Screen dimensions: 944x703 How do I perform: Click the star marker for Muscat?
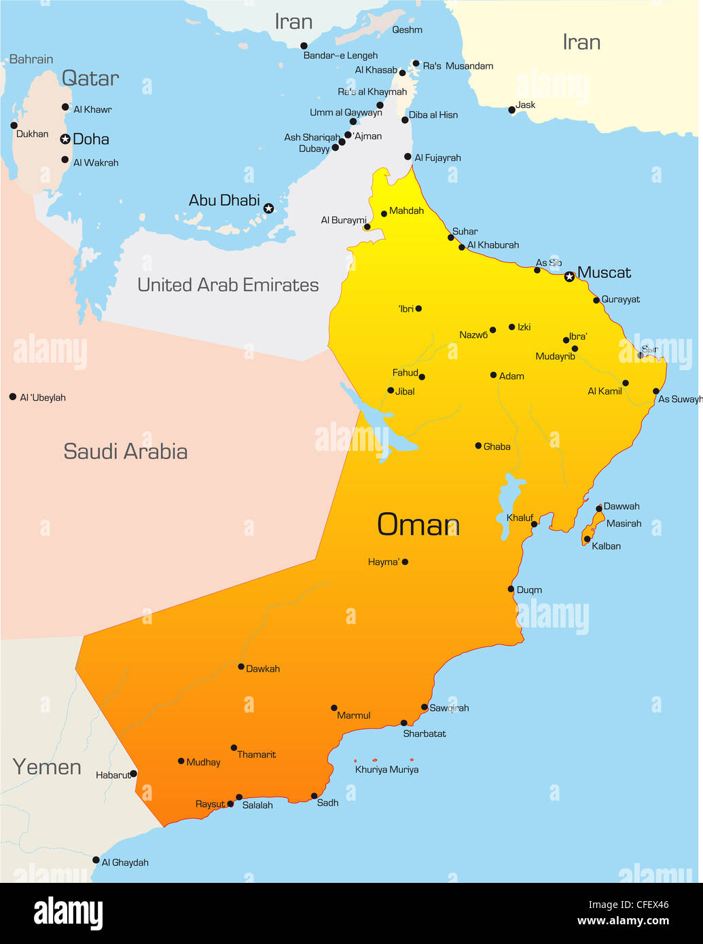tap(569, 276)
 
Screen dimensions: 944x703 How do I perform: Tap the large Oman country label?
tap(418, 525)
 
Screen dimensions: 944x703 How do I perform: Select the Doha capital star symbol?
tap(65, 139)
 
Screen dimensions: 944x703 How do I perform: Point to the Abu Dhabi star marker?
tap(268, 208)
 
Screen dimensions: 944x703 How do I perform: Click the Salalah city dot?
tap(239, 797)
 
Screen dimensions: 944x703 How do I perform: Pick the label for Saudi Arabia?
tap(125, 452)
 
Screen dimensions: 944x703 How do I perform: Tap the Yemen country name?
tap(47, 767)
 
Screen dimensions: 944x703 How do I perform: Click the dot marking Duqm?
tap(511, 589)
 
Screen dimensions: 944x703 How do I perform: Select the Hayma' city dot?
tap(405, 562)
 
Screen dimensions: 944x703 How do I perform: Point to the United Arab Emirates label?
tap(228, 285)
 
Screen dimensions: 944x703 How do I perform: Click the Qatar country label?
tap(90, 78)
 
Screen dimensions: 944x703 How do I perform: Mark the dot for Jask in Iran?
tap(511, 110)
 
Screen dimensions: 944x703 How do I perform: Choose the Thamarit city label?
tap(256, 755)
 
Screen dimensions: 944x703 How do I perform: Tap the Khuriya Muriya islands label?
tap(386, 769)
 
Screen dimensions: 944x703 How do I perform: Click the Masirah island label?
tap(624, 524)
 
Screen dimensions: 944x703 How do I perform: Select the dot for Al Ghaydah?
tap(96, 860)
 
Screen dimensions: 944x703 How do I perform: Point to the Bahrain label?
tap(31, 59)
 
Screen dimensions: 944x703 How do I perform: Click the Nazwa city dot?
tap(492, 330)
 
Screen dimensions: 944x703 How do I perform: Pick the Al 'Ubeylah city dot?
tap(12, 397)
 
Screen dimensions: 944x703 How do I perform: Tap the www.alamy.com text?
tap(623, 921)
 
